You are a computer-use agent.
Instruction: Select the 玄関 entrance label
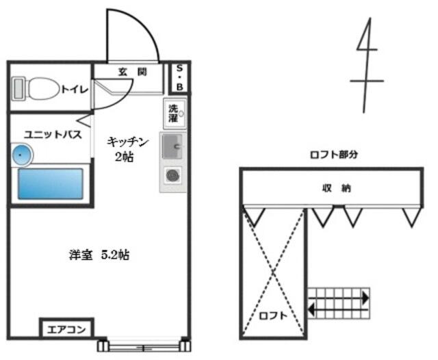[131, 71]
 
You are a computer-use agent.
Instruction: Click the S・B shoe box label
[179, 77]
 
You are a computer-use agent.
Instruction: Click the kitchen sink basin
[172, 146]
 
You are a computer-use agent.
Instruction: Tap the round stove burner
[172, 176]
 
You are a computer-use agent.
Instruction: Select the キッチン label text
[127, 142]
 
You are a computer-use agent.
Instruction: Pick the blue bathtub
[51, 183]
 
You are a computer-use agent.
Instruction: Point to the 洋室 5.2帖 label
[99, 255]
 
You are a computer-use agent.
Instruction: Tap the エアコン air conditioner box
[66, 330]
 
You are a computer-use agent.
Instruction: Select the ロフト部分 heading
[334, 155]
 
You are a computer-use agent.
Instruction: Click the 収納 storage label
[332, 188]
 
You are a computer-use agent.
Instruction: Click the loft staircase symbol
[338, 303]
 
